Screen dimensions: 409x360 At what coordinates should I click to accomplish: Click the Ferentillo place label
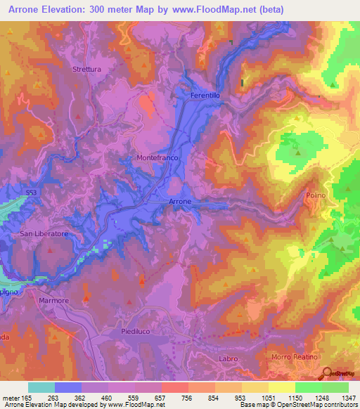coord(206,94)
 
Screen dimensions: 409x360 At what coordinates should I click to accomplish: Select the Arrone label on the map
coord(180,202)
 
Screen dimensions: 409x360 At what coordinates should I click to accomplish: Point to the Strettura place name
coord(87,69)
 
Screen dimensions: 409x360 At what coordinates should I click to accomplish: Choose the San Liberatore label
coord(44,233)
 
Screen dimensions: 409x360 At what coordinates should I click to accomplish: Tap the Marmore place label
coord(54,301)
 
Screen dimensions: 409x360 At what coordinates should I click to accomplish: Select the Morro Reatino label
coord(295,358)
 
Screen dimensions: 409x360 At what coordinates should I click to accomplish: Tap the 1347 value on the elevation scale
coord(349,397)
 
